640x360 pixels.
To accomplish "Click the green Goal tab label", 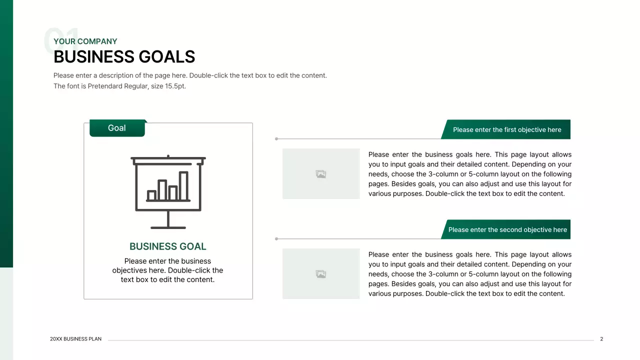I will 117,128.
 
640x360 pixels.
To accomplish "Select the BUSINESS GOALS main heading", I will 124,57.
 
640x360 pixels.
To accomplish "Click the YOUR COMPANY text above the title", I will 85,41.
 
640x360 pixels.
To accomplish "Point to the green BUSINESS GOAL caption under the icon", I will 167,246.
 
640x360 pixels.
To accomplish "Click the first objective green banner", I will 507,129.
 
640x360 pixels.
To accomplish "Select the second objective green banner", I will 507,229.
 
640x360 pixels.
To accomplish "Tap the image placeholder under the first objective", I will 321,174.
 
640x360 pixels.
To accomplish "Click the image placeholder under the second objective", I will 321,274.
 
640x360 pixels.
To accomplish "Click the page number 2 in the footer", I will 601,339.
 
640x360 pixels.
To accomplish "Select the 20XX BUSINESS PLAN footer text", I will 75,339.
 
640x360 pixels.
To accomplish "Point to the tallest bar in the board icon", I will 183,186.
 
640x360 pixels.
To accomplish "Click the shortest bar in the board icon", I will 151,195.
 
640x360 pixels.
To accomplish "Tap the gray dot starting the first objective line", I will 276,139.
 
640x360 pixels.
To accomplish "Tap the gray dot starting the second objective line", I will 276,239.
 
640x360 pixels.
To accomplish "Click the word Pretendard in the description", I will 105,86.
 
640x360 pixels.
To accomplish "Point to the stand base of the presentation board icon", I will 168,227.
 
